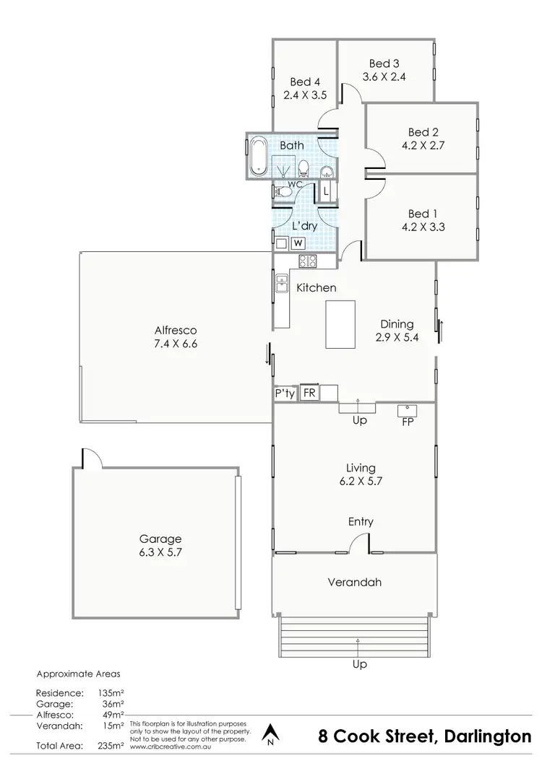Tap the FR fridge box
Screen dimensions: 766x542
click(x=309, y=393)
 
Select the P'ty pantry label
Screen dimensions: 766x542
click(x=283, y=393)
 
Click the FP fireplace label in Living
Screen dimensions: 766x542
click(x=408, y=422)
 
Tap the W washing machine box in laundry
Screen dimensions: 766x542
click(x=297, y=243)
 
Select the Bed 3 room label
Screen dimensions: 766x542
click(x=384, y=64)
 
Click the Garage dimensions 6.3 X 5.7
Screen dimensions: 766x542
click(x=161, y=552)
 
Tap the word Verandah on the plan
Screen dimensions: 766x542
click(x=354, y=582)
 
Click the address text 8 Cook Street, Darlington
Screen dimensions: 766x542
click(x=424, y=737)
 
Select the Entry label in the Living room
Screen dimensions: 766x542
click(x=360, y=522)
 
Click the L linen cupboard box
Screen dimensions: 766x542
click(x=327, y=192)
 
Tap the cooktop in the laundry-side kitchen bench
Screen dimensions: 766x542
click(x=309, y=261)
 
